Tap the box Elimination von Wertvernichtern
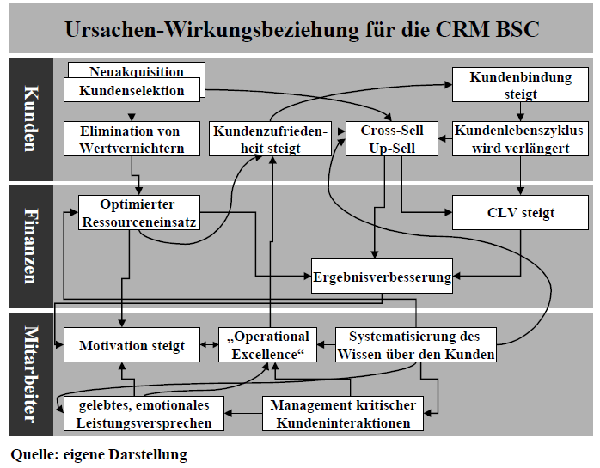[x=130, y=139]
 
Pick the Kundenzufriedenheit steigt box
[x=271, y=139]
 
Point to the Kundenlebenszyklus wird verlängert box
[x=519, y=139]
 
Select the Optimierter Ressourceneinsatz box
[x=138, y=213]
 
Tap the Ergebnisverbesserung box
[x=382, y=277]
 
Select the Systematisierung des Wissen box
[x=414, y=345]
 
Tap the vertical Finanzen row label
[x=31, y=245]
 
